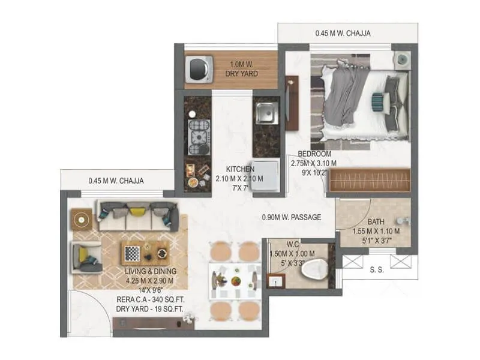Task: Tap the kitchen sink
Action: [265, 113]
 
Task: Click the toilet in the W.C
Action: [313, 269]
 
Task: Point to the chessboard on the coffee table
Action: [132, 253]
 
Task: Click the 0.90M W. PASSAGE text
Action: [292, 217]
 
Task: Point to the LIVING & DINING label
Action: [149, 271]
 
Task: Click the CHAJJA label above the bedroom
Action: [343, 34]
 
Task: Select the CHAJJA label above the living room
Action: [116, 180]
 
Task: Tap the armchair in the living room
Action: [85, 257]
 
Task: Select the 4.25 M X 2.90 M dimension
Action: [149, 280]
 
